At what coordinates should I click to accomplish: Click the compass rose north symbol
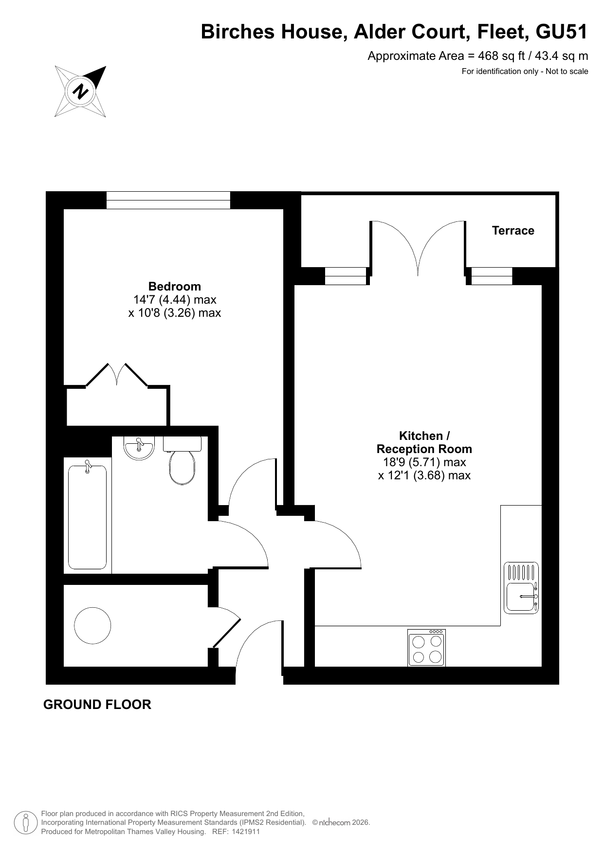tap(80, 91)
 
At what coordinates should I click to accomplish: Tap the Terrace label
tap(513, 231)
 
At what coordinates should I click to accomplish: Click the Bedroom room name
tap(174, 286)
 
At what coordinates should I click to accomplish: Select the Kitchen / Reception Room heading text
tap(424, 442)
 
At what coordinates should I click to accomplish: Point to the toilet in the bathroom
tap(182, 460)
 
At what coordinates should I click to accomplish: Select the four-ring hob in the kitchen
tap(426, 648)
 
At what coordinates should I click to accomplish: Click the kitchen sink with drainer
tap(521, 587)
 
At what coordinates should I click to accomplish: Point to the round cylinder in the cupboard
tap(92, 625)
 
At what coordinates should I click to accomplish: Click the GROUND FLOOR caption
tap(97, 705)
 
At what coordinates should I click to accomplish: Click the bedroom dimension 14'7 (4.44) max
tap(175, 300)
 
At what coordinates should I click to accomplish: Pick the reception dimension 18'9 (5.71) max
tap(424, 462)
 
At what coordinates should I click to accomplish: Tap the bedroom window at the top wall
tap(168, 200)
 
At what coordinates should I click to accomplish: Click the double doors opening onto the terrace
tap(418, 248)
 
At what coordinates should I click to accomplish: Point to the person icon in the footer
tap(26, 823)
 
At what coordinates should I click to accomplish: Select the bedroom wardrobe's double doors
tap(117, 375)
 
